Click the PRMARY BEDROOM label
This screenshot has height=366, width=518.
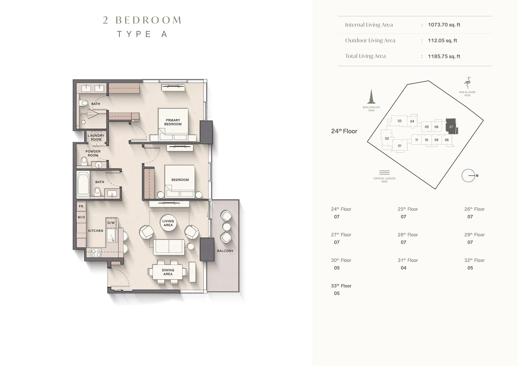click(173, 122)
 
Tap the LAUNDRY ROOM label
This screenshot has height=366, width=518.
click(96, 137)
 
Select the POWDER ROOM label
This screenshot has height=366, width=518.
click(93, 153)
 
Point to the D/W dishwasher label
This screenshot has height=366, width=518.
click(111, 223)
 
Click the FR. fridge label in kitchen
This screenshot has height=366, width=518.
click(81, 206)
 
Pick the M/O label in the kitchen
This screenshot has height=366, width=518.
click(81, 217)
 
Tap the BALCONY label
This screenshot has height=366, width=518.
click(225, 251)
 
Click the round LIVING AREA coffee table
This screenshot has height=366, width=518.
click(168, 223)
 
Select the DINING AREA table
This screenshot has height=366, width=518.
click(168, 272)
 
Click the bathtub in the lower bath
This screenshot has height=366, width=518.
click(83, 184)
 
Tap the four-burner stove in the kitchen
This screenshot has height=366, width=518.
click(96, 253)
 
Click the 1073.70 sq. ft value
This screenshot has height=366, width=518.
click(444, 25)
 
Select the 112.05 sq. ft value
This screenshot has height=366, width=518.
click(442, 41)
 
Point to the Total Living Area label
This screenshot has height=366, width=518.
click(366, 56)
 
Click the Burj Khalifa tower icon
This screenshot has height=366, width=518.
click(371, 96)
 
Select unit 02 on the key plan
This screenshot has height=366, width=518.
click(387, 139)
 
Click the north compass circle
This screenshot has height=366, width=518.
click(468, 176)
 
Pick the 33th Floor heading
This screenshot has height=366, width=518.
click(341, 286)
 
